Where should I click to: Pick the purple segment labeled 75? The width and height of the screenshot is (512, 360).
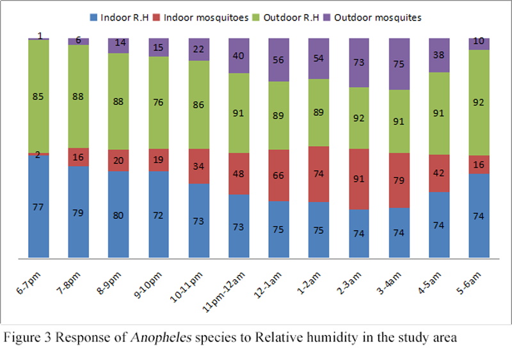point(400,63)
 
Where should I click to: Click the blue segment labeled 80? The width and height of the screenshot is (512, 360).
point(118,215)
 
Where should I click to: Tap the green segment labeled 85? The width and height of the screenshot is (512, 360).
point(38,96)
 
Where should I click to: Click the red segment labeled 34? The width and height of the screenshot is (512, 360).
point(199,166)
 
